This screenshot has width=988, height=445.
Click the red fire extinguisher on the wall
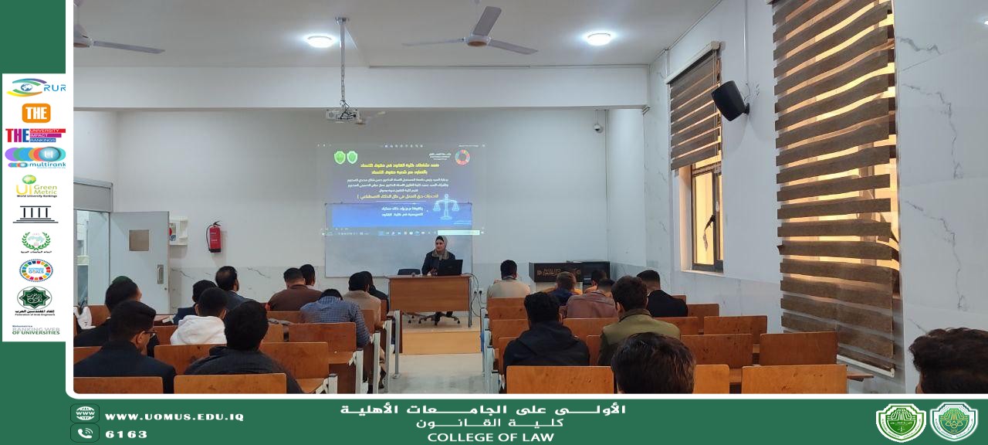click(x=214, y=237)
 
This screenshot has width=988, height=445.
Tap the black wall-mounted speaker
click(x=729, y=100)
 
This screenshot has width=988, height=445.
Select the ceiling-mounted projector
click(x=343, y=114)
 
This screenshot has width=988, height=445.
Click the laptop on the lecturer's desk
click(x=449, y=267)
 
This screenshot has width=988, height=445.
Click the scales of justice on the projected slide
click(x=446, y=207)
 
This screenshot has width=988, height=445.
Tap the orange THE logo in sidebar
click(x=36, y=113)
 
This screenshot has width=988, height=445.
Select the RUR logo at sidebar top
click(x=36, y=87)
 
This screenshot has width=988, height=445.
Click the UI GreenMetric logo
click(x=36, y=185)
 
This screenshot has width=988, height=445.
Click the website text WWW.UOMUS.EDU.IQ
click(x=174, y=416)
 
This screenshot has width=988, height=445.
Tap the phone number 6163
click(x=126, y=434)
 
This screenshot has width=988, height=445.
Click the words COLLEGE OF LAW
click(x=490, y=437)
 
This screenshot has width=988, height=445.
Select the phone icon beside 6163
click(x=85, y=433)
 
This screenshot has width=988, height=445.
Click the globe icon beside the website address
click(x=85, y=414)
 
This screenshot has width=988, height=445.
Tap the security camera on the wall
click(x=597, y=127)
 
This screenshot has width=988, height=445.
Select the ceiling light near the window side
click(x=598, y=38)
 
